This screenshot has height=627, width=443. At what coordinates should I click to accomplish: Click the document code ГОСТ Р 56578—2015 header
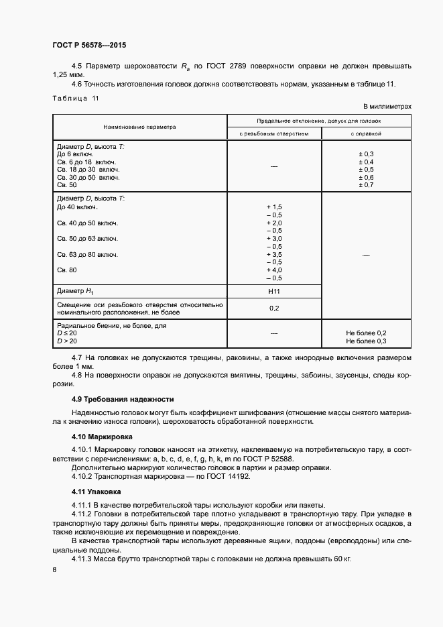point(89,46)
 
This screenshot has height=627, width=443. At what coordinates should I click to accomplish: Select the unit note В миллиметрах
point(387,107)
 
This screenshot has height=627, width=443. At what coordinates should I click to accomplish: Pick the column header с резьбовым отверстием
point(274,133)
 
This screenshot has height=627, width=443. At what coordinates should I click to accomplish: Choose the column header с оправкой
point(366,133)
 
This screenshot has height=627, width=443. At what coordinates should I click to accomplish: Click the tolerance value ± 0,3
point(366,154)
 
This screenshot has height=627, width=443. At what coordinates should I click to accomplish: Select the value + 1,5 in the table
point(274,207)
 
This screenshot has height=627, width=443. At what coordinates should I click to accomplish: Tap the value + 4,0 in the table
point(274,270)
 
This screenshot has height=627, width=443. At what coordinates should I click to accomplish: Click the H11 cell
point(274,292)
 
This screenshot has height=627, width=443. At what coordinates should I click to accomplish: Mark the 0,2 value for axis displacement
point(274,308)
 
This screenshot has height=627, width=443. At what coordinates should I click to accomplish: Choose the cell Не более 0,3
point(366,341)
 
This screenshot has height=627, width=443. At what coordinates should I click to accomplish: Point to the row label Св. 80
point(68,270)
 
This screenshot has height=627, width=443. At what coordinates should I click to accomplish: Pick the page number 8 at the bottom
point(54,569)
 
